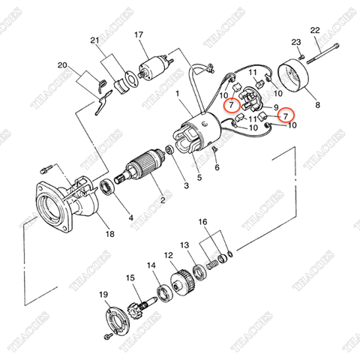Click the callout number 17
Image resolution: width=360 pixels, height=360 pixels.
pos(139,35)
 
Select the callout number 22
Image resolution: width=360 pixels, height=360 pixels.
pos(315,30)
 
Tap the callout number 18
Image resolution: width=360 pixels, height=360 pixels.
pos(109,234)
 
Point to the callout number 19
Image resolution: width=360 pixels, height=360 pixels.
pos(103,295)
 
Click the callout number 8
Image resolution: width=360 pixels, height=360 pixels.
pos(317,105)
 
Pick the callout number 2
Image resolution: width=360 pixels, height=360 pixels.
pos(163,199)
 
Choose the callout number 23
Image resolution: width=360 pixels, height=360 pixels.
pos(296,42)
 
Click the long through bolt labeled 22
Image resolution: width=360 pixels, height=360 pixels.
pos(322,53)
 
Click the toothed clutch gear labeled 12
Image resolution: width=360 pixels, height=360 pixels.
pos(182,283)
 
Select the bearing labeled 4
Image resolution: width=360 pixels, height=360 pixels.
pos(107,187)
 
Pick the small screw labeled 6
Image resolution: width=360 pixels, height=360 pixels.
pos(214,151)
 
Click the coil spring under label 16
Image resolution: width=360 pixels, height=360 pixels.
pos(211,265)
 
